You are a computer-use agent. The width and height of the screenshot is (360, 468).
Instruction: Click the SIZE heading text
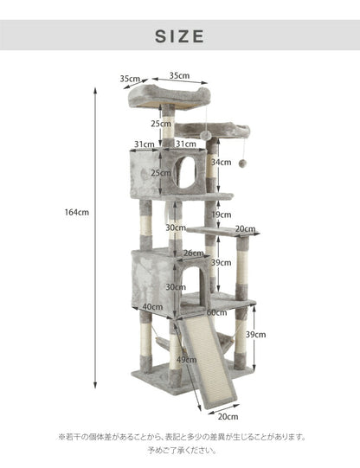pyautogui.click(x=180, y=36)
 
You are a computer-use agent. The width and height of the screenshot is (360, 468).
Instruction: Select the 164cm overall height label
pyautogui.click(x=77, y=213)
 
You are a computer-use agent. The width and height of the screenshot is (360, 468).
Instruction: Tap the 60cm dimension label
pyautogui.click(x=216, y=313)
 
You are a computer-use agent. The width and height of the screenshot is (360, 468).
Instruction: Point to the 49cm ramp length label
pyautogui.click(x=186, y=360)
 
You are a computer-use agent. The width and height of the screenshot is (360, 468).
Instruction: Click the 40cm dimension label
pyautogui.click(x=152, y=307)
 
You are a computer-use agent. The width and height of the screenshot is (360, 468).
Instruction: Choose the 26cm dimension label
pyautogui.click(x=194, y=253)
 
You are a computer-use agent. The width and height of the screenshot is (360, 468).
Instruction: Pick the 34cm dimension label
pyautogui.click(x=222, y=163)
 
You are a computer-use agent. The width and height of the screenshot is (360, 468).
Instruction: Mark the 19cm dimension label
pyautogui.click(x=222, y=215)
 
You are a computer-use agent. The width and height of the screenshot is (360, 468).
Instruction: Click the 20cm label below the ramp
pyautogui.click(x=228, y=417)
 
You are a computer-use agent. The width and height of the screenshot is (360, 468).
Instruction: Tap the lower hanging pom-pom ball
pyautogui.click(x=242, y=163)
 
